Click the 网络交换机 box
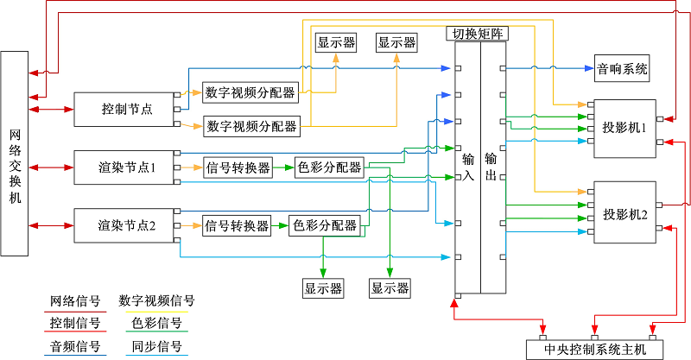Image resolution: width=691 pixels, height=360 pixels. click(x=16, y=154)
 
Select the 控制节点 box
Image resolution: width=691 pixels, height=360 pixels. click(x=127, y=109)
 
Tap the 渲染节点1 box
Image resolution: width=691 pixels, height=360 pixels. click(x=127, y=167)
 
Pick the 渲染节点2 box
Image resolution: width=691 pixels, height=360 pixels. click(x=127, y=226)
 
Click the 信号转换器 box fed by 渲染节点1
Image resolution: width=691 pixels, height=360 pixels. click(x=238, y=167)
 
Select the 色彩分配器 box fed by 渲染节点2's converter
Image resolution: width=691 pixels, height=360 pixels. click(x=325, y=226)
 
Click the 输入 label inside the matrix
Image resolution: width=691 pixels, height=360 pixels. click(x=468, y=167)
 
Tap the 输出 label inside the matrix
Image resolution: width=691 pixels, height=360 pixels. click(x=491, y=167)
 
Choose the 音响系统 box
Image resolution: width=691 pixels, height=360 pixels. click(x=622, y=66)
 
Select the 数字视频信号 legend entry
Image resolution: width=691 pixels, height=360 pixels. click(x=156, y=301)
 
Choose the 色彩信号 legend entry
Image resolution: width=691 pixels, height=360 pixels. click(x=156, y=324)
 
